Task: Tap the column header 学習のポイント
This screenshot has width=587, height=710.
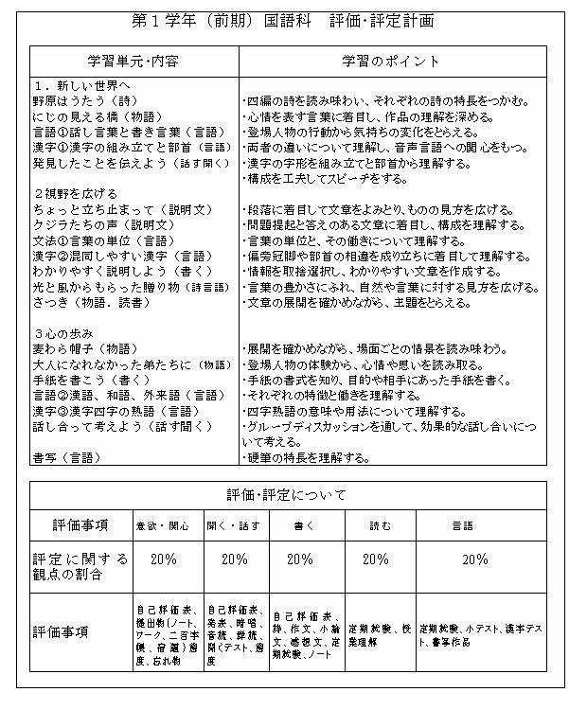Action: (390, 62)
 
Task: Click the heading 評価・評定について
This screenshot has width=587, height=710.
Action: (287, 495)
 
